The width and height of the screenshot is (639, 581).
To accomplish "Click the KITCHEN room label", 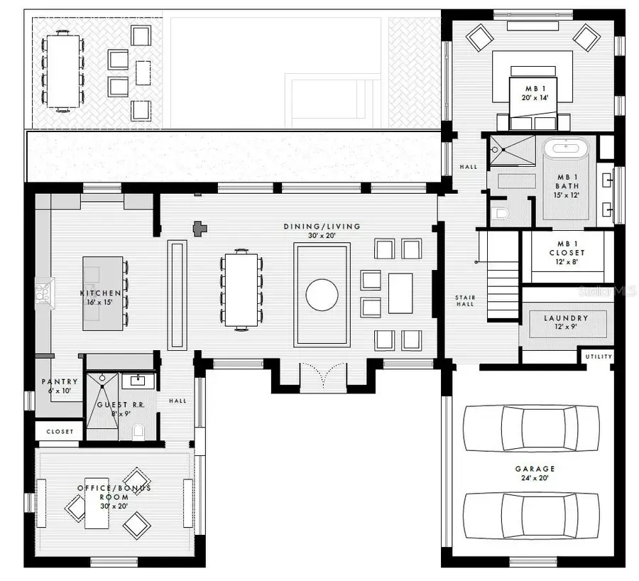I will pos(99,293).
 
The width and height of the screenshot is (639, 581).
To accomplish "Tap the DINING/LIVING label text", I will pos(322,227).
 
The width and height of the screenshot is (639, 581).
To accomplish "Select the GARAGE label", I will pos(536,469).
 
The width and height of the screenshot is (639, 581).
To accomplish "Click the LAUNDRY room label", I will pos(566,319).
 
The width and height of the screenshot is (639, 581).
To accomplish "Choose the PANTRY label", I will pos(60,382).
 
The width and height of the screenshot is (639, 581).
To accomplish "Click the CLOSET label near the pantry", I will pos(60,431).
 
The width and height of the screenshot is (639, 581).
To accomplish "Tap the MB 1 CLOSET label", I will pos(567,248).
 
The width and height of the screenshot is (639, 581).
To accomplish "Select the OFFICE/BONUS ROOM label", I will pos(114,492).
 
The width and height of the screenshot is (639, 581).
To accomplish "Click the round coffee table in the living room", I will pos(322,295).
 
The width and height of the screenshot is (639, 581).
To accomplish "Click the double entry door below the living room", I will pos(322,376).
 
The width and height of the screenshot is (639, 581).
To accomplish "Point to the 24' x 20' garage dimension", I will pos(536,478).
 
